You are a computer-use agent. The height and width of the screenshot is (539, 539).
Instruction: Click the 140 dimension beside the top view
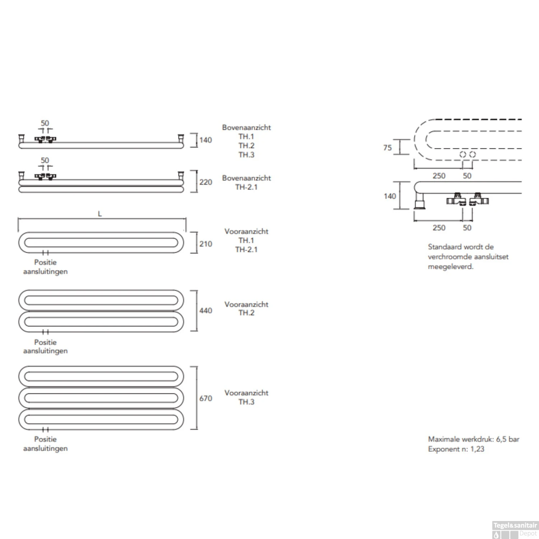pyautogui.click(x=206, y=140)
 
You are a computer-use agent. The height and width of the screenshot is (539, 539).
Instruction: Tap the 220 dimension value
pyautogui.click(x=206, y=182)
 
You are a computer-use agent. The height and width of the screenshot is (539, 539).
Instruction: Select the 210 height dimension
pyautogui.click(x=206, y=244)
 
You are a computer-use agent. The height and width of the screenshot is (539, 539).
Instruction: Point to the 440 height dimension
pyautogui.click(x=206, y=310)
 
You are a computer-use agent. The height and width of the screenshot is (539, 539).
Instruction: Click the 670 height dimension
pyautogui.click(x=206, y=398)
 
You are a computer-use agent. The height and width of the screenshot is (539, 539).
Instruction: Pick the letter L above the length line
pyautogui.click(x=100, y=214)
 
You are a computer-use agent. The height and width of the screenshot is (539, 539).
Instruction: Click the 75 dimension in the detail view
pyautogui.click(x=387, y=148)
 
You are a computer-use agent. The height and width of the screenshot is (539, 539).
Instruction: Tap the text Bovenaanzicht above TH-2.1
pyautogui.click(x=246, y=178)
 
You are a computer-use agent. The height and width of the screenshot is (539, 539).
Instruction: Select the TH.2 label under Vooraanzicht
pyautogui.click(x=246, y=313)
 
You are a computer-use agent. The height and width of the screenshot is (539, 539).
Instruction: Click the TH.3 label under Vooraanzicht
pyautogui.click(x=246, y=402)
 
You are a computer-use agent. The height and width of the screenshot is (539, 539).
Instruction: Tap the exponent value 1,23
pyautogui.click(x=477, y=449)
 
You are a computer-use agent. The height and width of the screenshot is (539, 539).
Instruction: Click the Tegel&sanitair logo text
pyautogui.click(x=515, y=525)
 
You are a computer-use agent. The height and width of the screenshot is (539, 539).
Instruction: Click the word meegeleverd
pyautogui.click(x=450, y=267)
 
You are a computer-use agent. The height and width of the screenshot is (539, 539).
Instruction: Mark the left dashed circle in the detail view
pyautogui.click(x=463, y=155)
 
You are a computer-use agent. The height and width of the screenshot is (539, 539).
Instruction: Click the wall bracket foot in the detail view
pyautogui.click(x=419, y=204)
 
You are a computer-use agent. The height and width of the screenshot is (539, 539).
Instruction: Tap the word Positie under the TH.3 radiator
pyautogui.click(x=45, y=439)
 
